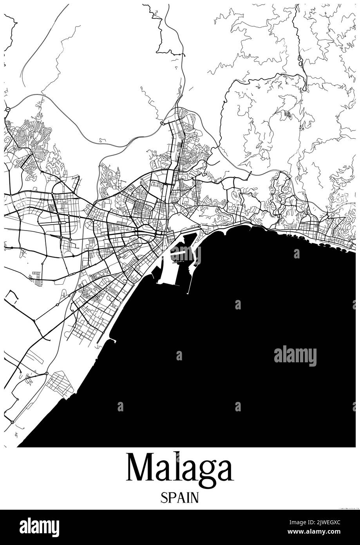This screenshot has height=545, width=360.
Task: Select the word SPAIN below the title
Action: [x=180, y=498]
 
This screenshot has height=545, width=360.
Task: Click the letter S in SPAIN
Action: [x=163, y=498]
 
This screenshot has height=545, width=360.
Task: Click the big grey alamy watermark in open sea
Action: [x=295, y=356]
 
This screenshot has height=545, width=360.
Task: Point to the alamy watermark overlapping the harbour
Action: [x=185, y=255]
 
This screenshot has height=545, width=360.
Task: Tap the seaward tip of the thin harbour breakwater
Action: [x=188, y=293]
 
